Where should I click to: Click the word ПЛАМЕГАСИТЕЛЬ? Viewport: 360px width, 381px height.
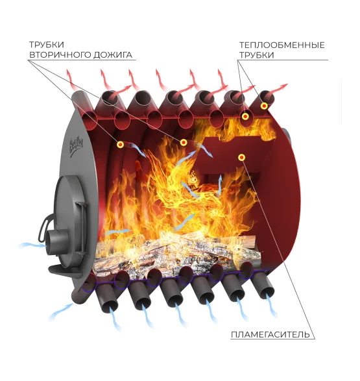click(x=270, y=334)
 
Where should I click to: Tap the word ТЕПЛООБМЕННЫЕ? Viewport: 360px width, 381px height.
click(x=282, y=45)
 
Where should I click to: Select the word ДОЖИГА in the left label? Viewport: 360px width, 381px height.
click(x=113, y=55)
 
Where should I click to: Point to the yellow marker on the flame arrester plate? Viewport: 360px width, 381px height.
click(x=241, y=158)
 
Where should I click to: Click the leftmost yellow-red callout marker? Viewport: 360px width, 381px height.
click(x=120, y=145)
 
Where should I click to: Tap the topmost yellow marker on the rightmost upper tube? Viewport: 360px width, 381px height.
click(x=264, y=106)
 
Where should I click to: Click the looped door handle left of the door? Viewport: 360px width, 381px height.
click(x=45, y=227)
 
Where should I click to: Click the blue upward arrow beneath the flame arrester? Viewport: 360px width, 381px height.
click(x=219, y=185)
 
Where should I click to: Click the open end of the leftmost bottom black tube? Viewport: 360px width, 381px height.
click(x=110, y=306)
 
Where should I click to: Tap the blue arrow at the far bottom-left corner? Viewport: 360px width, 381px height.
click(x=60, y=312)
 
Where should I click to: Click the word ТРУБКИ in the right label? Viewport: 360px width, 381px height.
click(x=257, y=55)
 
